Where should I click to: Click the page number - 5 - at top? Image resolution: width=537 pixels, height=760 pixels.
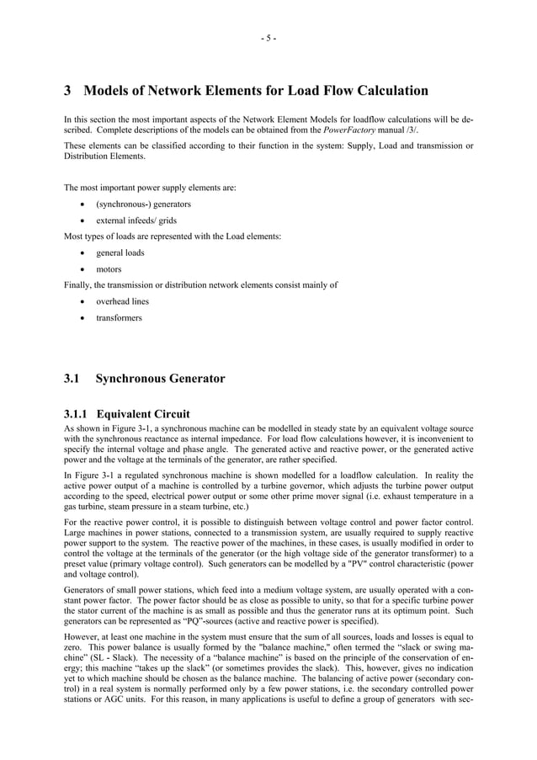coord(268,38)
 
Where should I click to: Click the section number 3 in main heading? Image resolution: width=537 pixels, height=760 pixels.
coord(69,91)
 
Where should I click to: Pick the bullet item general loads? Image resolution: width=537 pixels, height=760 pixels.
coord(120,252)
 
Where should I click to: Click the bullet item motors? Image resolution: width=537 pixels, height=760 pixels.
coord(109,269)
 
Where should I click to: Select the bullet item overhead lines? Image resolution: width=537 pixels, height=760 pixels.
coord(122,301)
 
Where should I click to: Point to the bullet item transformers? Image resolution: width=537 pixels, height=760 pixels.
coord(119,318)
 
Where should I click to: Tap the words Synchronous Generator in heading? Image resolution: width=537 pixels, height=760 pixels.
coord(160,379)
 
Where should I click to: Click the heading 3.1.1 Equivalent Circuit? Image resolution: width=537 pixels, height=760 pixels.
coord(127,414)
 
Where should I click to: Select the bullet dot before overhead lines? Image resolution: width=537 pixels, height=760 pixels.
coord(81,301)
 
